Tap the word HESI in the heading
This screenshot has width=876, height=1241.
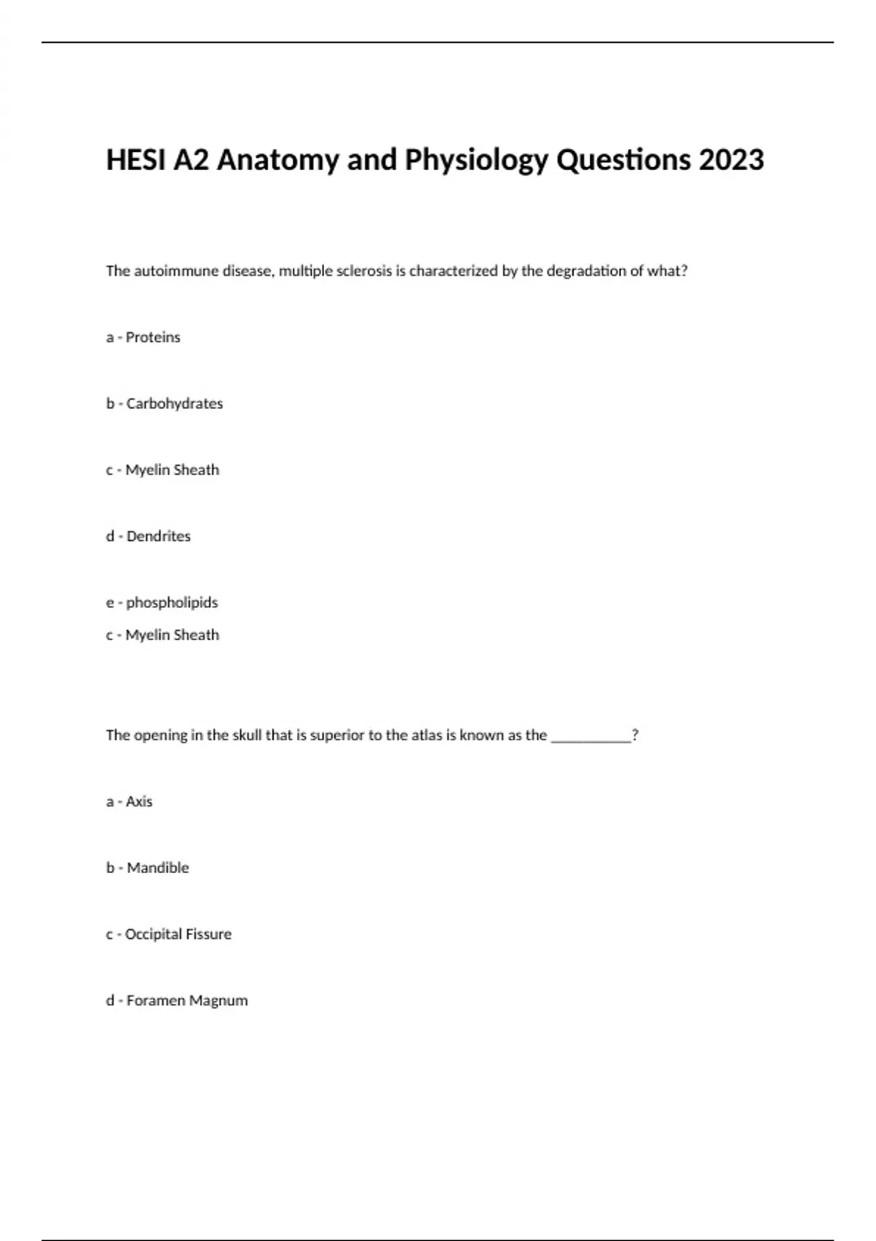(x=136, y=160)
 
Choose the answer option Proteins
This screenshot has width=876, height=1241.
(x=153, y=337)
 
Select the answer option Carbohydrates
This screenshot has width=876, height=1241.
(x=174, y=404)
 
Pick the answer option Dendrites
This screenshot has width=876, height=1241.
(x=158, y=537)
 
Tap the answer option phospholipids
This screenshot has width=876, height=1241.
(x=172, y=603)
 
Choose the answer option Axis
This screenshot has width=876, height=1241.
(x=139, y=802)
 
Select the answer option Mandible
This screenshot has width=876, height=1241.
(x=158, y=868)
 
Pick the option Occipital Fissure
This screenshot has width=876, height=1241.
(x=178, y=934)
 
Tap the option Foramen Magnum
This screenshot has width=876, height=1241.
(x=187, y=1001)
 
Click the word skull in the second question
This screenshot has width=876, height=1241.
(x=247, y=735)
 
